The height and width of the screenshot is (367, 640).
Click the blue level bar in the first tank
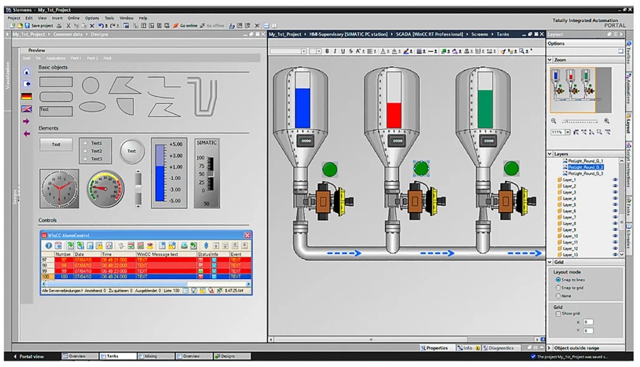tap(302, 107)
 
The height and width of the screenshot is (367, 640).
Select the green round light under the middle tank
tap(422, 168)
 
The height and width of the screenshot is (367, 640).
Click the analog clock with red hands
tap(59, 188)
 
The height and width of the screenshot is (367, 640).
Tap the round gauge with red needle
tap(105, 188)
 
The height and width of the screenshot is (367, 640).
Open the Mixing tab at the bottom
tap(151, 356)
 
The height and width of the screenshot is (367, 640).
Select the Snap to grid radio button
tap(558, 287)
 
